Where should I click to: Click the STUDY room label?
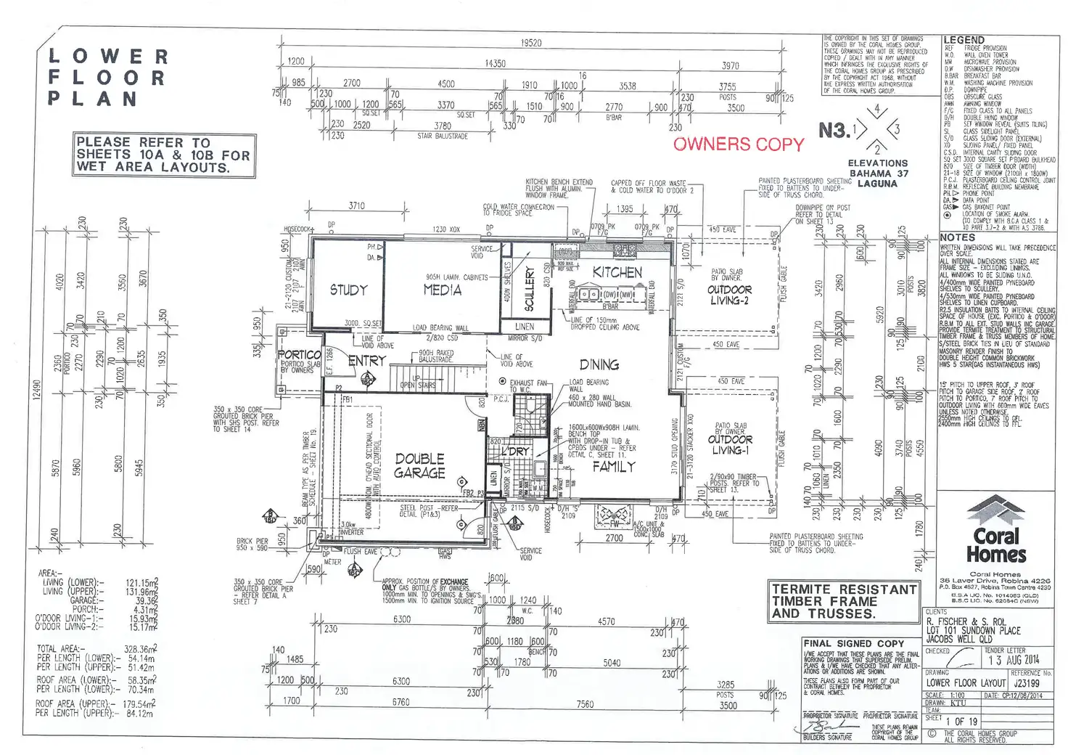pos(348,290)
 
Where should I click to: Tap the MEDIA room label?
pos(442,290)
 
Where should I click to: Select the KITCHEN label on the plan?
pos(617,272)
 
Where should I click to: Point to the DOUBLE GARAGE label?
pos(419,465)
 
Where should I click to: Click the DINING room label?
pos(599,364)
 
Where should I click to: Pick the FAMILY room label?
pos(613,466)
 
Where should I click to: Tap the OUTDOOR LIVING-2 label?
pos(729,295)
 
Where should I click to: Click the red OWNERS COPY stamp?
pos(739,144)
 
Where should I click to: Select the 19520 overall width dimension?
pos(530,43)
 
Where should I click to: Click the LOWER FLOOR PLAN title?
pos(107,77)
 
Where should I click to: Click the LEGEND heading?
pos(964,40)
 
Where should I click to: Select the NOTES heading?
pos(957,237)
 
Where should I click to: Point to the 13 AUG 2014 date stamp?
pos(1013,660)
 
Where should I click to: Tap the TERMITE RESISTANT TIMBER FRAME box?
pos(843,601)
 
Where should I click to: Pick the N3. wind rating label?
pos(833,131)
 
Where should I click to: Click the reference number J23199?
pos(1026,683)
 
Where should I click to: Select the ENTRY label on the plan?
pos(366,360)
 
